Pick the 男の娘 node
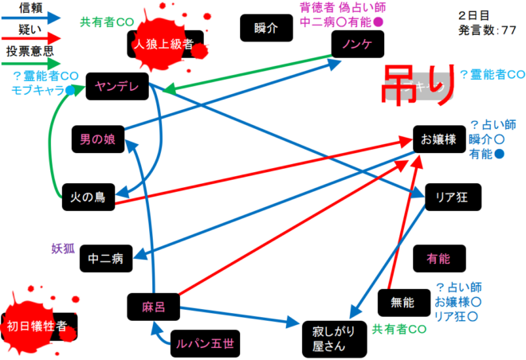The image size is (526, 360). point(97,140)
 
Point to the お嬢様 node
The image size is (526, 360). point(438,140)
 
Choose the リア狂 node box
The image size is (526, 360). point(451,196)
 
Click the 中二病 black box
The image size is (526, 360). point(104,259)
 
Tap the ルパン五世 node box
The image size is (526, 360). point(204,344)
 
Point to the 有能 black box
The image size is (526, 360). point(438,259)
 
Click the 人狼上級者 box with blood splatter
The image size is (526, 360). point(165,45)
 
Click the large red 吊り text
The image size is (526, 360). point(420,81)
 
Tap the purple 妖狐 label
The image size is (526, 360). point(63,248)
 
